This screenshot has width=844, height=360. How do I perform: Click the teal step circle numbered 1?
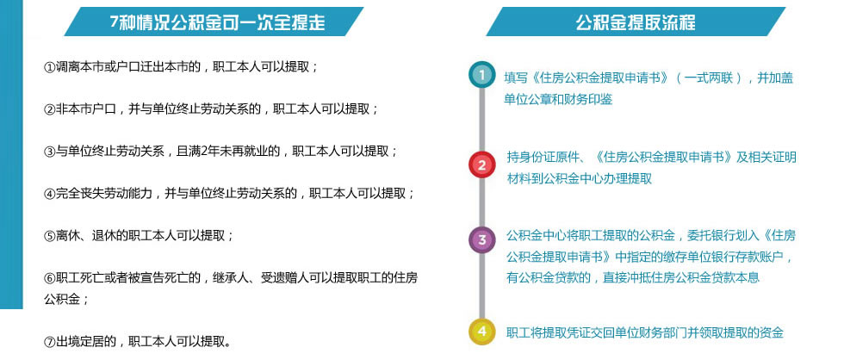pos(481,75)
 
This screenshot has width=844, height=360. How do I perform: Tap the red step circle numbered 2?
pos(481,164)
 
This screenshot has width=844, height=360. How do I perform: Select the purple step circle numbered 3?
pos(481,240)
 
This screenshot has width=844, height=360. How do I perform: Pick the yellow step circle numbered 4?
pos(481,331)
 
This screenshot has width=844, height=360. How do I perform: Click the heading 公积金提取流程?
pos(636,22)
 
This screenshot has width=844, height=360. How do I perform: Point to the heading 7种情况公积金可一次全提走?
pos(217,22)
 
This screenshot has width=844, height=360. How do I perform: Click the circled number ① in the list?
pos(50,67)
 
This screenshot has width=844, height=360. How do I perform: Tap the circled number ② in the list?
pos(50,109)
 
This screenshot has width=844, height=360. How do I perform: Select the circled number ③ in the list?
pos(50,152)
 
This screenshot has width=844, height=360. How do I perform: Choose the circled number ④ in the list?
pos(50,194)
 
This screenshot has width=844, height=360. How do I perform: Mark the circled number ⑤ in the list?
pos(50,236)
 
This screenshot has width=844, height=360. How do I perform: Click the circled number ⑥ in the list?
pos(50,278)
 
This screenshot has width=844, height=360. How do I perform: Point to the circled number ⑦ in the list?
pos(50,342)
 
